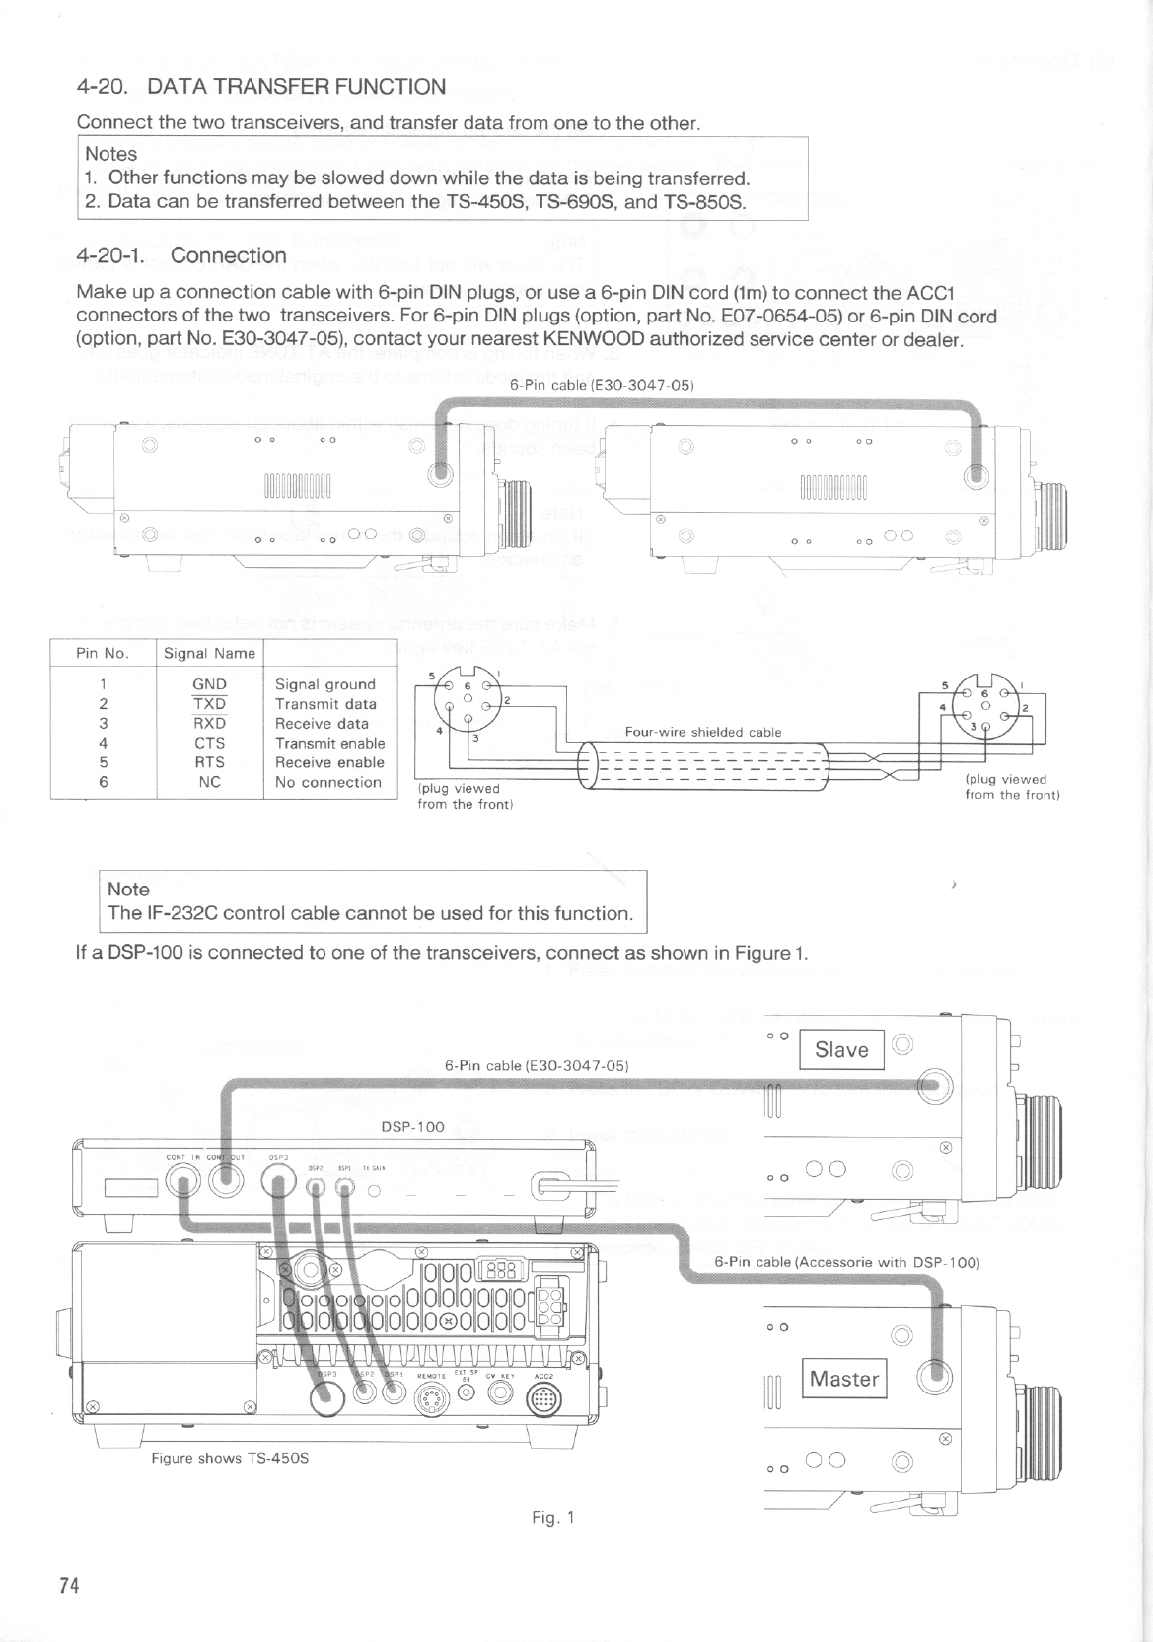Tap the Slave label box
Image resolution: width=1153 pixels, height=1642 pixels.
[x=841, y=1050]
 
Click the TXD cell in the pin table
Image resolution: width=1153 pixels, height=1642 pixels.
[x=209, y=704]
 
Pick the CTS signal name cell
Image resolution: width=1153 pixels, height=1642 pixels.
[x=209, y=743]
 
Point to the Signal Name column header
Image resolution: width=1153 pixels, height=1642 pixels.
[x=209, y=653]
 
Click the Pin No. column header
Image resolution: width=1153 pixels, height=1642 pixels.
[x=103, y=653]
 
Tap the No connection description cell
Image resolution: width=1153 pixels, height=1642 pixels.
[x=327, y=782]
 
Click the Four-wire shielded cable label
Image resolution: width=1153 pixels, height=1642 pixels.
[x=703, y=732]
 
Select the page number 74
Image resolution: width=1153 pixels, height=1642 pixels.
[x=68, y=1586]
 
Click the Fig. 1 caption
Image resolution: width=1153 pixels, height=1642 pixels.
[x=552, y=1518]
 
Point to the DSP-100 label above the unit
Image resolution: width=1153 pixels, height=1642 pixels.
[x=412, y=1126]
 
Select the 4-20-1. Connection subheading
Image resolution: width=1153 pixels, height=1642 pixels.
[x=181, y=255]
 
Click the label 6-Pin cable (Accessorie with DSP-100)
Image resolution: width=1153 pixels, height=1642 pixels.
[x=846, y=1262]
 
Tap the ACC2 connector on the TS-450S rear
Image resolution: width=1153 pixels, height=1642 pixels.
[x=545, y=1398]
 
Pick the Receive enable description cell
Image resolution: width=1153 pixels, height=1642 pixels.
[x=330, y=762]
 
